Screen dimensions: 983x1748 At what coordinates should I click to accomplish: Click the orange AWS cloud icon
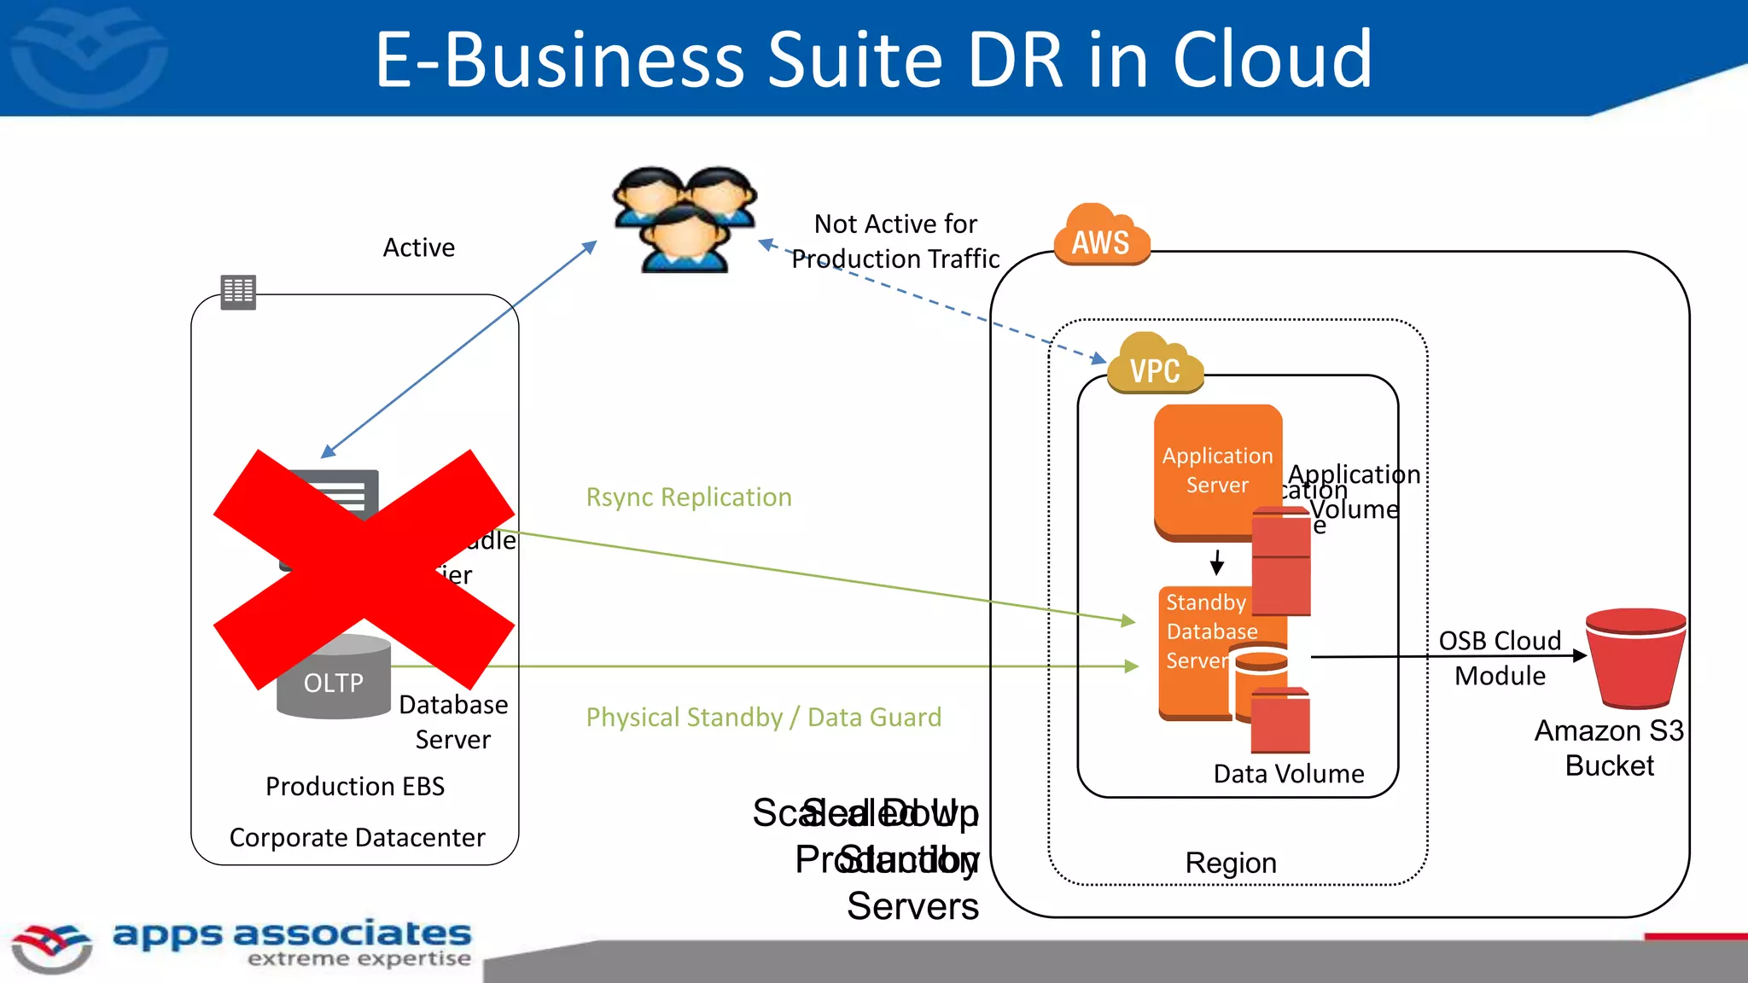tap(1101, 236)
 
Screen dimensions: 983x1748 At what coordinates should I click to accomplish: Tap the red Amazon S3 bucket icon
tap(1634, 658)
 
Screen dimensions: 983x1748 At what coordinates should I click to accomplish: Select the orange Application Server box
tap(1216, 470)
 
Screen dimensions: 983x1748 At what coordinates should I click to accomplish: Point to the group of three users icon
tap(685, 219)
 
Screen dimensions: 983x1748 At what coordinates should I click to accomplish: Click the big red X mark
tap(364, 568)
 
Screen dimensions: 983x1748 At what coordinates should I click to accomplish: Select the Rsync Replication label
tap(689, 497)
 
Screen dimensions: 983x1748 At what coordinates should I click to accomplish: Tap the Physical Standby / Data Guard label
tap(763, 718)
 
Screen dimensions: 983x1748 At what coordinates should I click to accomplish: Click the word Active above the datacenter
tap(418, 247)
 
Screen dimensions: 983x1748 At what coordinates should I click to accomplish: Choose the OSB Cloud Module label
tap(1500, 658)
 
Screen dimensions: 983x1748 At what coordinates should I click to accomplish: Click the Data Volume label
tap(1288, 774)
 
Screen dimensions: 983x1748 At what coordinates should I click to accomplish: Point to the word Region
tap(1230, 863)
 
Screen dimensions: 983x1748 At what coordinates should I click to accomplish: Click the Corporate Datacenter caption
tap(357, 838)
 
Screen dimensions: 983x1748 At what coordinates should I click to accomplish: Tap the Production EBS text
tap(355, 786)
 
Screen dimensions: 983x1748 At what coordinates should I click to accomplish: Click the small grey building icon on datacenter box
tap(238, 292)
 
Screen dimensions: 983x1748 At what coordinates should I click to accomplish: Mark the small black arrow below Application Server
tap(1217, 562)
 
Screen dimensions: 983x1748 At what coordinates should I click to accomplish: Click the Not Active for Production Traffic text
tap(894, 241)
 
